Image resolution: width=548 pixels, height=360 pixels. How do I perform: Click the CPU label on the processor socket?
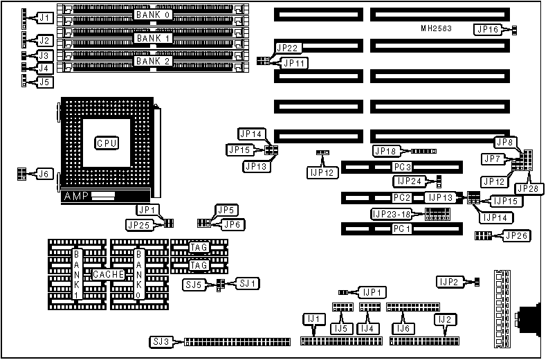pos(107,143)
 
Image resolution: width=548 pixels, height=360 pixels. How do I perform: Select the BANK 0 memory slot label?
pos(154,15)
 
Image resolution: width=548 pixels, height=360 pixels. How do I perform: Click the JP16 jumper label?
pos(487,29)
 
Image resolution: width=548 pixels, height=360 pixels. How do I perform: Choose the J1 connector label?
pos(44,17)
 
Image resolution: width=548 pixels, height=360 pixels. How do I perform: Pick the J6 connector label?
pos(44,173)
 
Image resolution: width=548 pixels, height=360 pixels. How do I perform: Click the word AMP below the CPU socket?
pos(75,197)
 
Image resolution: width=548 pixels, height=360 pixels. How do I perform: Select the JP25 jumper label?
pos(140,224)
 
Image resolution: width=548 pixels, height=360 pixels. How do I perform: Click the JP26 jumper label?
pos(515,236)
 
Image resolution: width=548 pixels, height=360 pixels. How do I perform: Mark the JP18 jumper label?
pos(385,150)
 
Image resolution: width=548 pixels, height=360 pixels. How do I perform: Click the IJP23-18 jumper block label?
pos(394,214)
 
